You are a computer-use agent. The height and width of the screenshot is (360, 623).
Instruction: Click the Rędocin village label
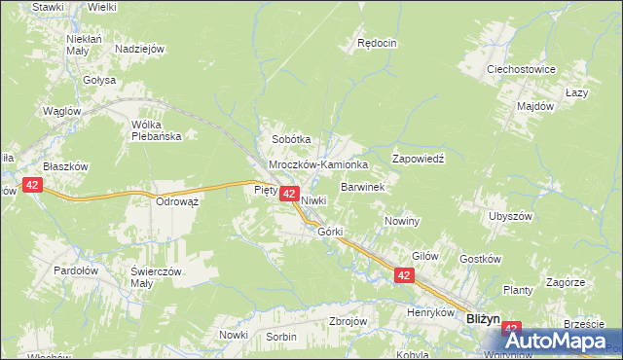[x=378, y=43]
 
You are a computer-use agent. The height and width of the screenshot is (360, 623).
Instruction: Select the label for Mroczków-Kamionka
[x=318, y=165]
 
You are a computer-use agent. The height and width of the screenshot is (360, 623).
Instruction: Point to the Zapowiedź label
[x=418, y=158]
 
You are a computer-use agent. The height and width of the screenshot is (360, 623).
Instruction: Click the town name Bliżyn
[x=483, y=317]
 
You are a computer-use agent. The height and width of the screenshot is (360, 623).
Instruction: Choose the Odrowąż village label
[x=177, y=201]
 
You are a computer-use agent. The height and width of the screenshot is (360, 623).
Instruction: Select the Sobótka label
[x=291, y=139]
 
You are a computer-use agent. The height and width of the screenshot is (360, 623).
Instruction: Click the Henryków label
[x=431, y=313]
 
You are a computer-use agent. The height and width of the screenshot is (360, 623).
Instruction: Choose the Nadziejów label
[x=139, y=49]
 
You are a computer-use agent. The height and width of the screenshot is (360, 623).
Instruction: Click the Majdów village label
[x=535, y=105]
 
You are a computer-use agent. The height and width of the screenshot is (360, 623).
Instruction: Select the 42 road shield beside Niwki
[x=289, y=195]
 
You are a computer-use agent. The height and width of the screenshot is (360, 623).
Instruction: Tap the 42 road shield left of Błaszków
[x=33, y=185]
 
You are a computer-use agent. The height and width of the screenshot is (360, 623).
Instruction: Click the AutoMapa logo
[x=563, y=342]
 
